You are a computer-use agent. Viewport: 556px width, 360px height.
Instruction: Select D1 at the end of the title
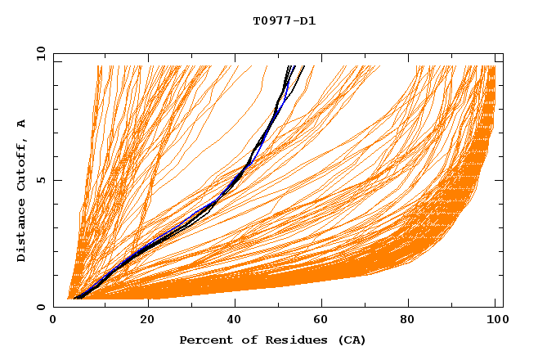pos(307,21)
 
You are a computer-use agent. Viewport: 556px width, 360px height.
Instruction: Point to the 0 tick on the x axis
pos(54,320)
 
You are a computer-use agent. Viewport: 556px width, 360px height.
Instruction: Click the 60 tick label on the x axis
pos(324,320)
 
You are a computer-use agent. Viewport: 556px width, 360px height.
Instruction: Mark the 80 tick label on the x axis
pos(414,320)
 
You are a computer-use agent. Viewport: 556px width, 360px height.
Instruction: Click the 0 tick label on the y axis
pos(40,307)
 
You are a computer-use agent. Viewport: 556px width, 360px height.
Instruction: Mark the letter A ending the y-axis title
pos(21,124)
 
